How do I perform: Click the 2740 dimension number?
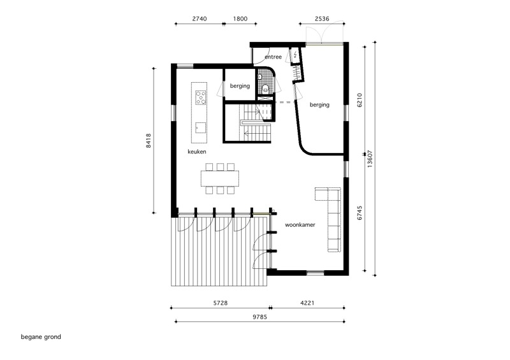(200, 19)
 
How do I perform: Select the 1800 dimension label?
(240, 19)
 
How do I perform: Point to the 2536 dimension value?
(322, 19)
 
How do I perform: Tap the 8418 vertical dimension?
(149, 141)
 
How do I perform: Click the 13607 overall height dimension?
(370, 159)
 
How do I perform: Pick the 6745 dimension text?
(360, 213)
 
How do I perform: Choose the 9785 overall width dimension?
(259, 317)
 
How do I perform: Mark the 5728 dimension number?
(220, 303)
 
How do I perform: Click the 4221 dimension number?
(307, 303)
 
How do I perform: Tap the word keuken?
(197, 152)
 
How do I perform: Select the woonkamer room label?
(300, 225)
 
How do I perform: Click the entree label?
(273, 57)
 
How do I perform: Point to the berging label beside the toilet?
(240, 86)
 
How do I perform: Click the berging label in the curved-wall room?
(319, 105)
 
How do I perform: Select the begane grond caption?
(41, 337)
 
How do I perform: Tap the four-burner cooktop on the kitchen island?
(200, 98)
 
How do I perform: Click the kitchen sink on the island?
(200, 128)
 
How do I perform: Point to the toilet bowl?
(266, 88)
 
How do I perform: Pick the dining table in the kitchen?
(220, 178)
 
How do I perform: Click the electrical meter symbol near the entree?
(295, 55)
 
